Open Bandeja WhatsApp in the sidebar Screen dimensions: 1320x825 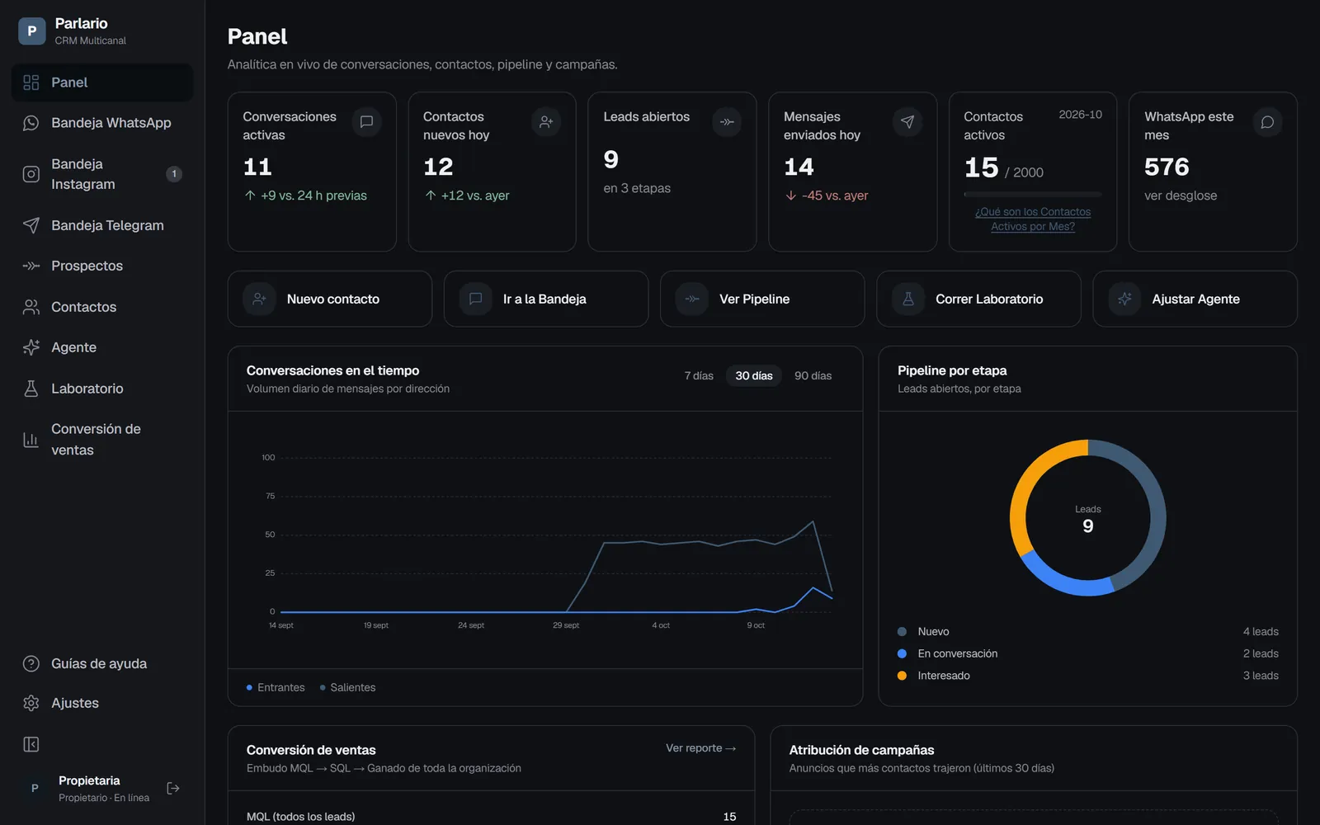pos(111,123)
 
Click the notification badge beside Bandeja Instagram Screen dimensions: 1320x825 pos(174,174)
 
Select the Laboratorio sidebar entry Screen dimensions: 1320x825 pos(87,389)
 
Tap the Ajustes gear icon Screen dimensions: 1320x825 pos(31,703)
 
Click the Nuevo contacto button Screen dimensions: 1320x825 pos(330,299)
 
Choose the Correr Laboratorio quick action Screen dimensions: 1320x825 pos(978,299)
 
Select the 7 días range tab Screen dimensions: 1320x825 pos(699,375)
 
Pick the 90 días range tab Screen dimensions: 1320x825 pos(813,375)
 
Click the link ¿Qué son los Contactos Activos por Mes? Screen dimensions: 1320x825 pos(1032,219)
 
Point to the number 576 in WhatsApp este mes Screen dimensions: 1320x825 pos(1167,167)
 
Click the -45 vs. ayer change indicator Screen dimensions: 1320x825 pos(826,195)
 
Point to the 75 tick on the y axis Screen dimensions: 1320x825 pos(270,496)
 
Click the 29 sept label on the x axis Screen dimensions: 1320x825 pos(566,625)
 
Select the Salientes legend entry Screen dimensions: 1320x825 pos(347,687)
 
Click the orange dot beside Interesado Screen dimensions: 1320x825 pos(902,676)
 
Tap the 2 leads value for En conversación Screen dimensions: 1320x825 pos(1261,653)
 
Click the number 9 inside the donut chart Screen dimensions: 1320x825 pos(1088,526)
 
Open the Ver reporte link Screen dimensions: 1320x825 pos(700,747)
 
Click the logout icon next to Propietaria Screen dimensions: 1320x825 pos(173,789)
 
